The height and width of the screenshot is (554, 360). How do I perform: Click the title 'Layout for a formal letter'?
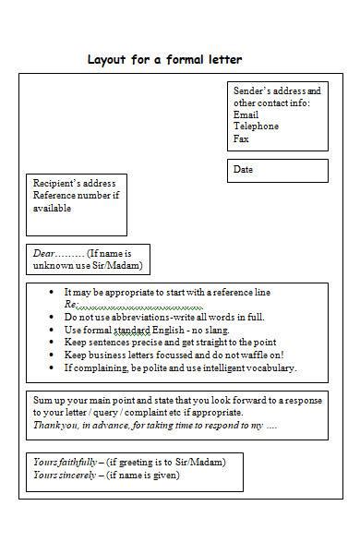164,61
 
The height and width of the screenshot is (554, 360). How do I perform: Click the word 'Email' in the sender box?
246,114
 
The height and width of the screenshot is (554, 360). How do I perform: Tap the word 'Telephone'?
256,126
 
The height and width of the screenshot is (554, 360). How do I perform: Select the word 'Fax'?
241,138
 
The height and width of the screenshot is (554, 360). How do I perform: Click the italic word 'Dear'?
44,253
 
